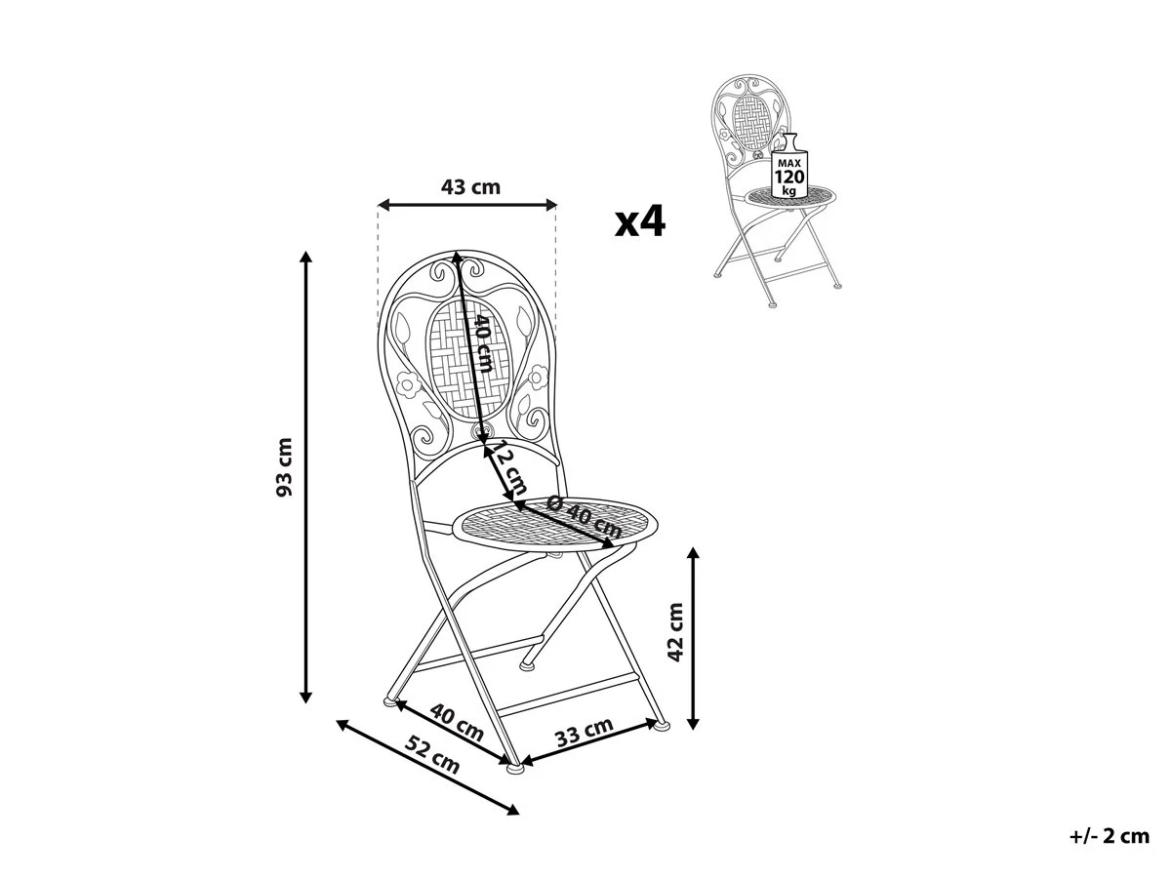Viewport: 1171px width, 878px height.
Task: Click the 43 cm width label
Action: click(470, 187)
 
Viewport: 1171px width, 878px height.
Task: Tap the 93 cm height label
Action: click(284, 467)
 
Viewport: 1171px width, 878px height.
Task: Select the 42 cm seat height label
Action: click(676, 632)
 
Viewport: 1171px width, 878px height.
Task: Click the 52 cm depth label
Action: click(432, 754)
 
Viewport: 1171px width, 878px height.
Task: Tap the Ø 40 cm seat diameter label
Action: click(585, 517)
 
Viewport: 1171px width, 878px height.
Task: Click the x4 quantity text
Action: click(640, 220)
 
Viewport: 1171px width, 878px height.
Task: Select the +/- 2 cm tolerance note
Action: click(1110, 836)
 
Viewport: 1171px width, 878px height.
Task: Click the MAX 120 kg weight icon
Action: click(789, 166)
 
